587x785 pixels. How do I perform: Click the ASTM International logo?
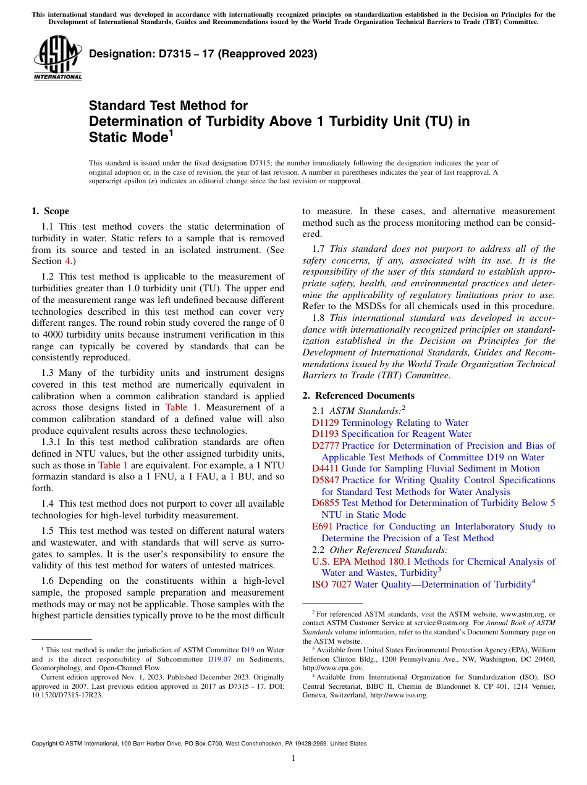tap(57, 58)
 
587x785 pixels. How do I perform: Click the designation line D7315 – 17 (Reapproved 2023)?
tap(203, 54)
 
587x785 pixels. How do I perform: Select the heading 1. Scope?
tap(50, 211)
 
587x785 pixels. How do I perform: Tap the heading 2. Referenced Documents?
tap(358, 396)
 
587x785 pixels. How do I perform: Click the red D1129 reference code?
tap(325, 423)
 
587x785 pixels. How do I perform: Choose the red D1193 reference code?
tap(325, 434)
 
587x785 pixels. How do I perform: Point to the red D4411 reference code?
tap(325, 468)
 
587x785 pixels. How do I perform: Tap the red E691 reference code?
tap(323, 526)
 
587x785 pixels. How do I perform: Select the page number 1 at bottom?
tap(293, 758)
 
